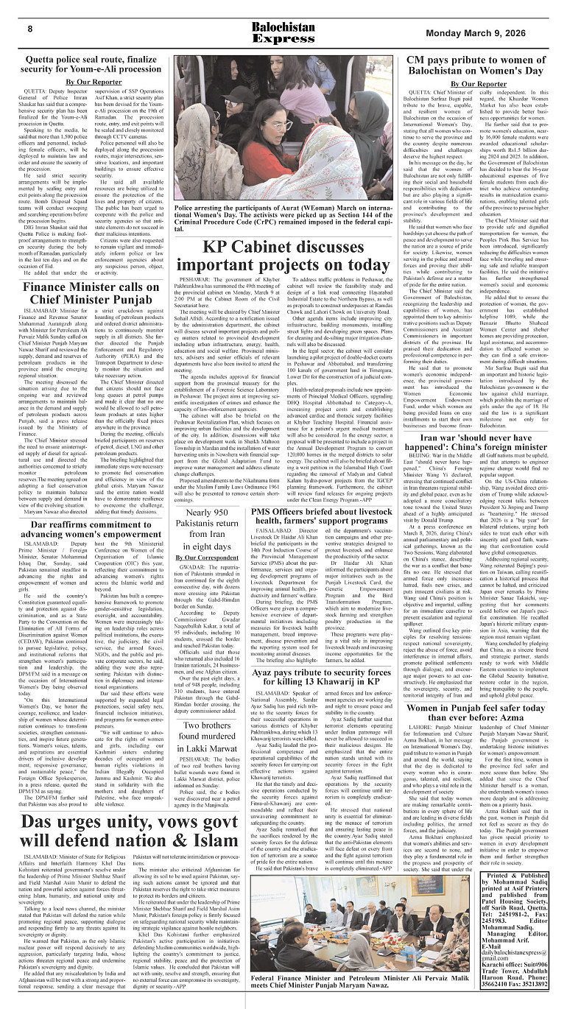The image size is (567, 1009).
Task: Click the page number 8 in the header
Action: (30, 29)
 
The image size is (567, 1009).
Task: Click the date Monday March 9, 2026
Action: (489, 32)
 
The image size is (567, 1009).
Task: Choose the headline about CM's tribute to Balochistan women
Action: (478, 64)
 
